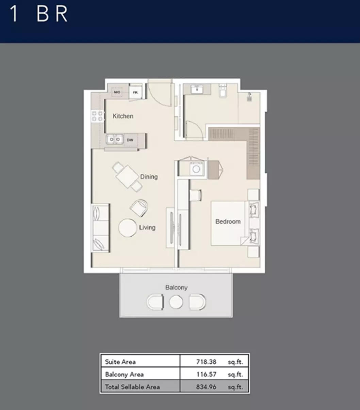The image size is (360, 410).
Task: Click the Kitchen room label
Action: tap(123, 116)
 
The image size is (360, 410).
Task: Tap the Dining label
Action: tap(149, 177)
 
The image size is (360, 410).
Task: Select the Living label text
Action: tap(147, 227)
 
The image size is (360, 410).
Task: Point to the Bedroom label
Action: tap(228, 221)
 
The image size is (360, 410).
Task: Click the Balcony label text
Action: tap(176, 287)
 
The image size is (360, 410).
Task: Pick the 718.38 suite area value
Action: tap(206, 362)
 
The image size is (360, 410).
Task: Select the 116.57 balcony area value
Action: tap(206, 374)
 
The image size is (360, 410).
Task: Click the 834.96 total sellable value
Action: tap(206, 387)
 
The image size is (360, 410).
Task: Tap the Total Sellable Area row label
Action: tap(132, 387)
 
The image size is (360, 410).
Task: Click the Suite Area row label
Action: tap(120, 362)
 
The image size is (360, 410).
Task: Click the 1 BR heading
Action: tap(38, 14)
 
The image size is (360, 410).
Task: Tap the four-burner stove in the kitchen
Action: tap(97, 116)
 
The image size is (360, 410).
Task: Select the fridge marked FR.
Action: tap(135, 93)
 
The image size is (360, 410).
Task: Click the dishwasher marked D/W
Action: tap(130, 140)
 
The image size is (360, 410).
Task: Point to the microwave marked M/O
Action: tap(117, 92)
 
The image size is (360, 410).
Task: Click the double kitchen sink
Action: tap(115, 139)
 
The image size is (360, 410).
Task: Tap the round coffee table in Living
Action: tap(128, 228)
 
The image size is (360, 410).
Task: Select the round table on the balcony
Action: tap(176, 302)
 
